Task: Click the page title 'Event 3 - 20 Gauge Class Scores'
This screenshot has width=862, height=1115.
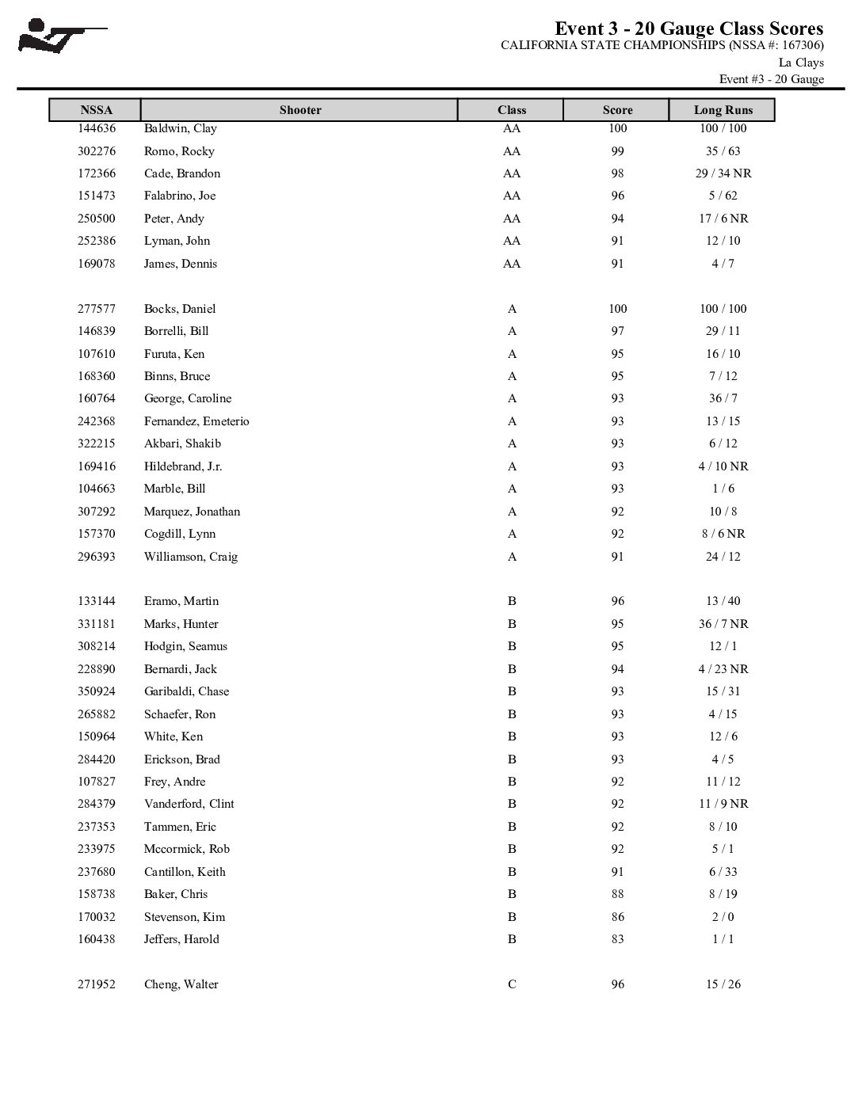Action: coord(688,29)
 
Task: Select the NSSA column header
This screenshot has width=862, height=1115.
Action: coord(96,110)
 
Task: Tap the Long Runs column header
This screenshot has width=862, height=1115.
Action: coord(723,110)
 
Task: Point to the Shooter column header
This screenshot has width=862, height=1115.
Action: coord(300,110)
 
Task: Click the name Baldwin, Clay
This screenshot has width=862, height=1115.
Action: coord(180,128)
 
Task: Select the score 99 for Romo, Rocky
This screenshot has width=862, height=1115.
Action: coord(617,151)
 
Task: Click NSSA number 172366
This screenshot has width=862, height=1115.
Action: coord(97,173)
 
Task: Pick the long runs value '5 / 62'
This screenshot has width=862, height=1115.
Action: coord(723,196)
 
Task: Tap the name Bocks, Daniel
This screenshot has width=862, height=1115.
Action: coord(179,309)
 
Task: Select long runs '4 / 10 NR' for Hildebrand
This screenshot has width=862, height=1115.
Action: coord(723,466)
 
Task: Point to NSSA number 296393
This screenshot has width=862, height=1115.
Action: coord(97,557)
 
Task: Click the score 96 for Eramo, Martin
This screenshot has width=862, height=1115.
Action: coord(617,601)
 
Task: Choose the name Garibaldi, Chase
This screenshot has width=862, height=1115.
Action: coord(186,691)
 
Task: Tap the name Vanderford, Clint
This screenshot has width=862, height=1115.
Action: coord(189,804)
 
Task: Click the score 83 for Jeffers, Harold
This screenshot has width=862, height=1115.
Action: coord(617,939)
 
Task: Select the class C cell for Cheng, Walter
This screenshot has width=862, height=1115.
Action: coord(512,984)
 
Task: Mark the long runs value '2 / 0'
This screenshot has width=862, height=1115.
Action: coord(723,917)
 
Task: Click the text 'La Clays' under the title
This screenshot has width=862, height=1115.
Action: coord(801,63)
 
